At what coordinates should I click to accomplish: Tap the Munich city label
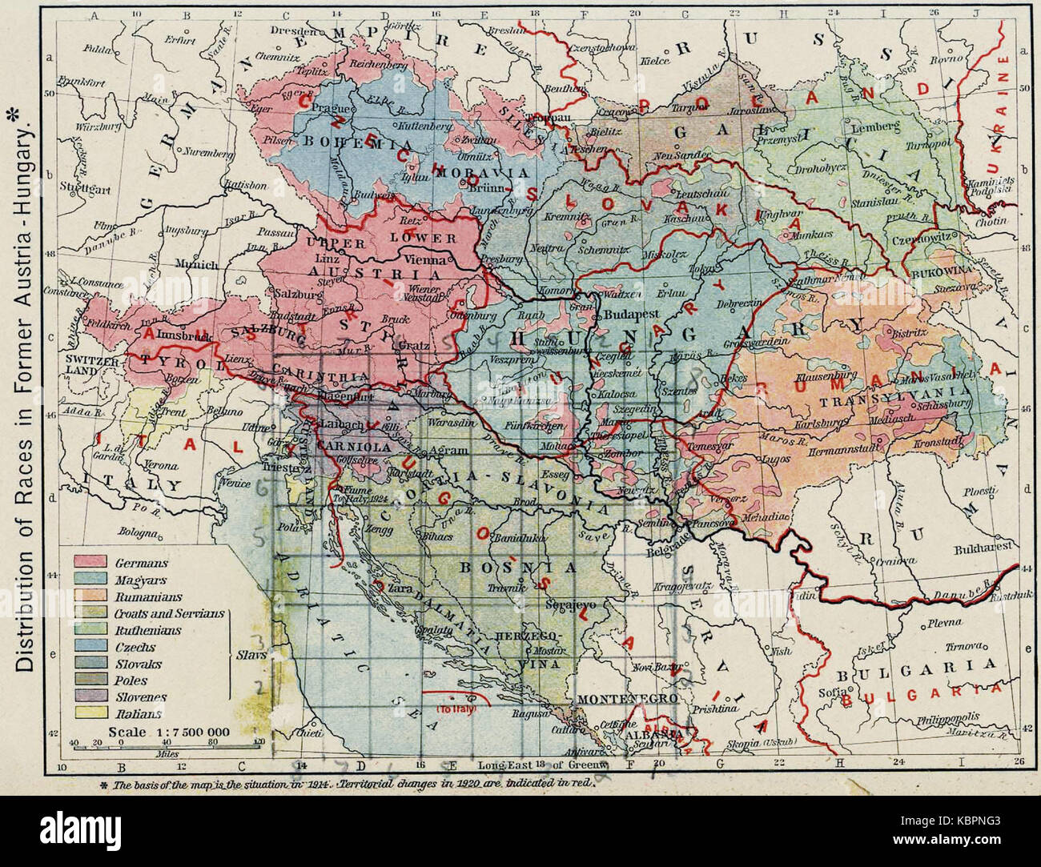click(195, 263)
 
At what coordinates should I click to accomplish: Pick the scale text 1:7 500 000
click(169, 732)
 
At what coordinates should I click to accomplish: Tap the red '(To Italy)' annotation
click(454, 709)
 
